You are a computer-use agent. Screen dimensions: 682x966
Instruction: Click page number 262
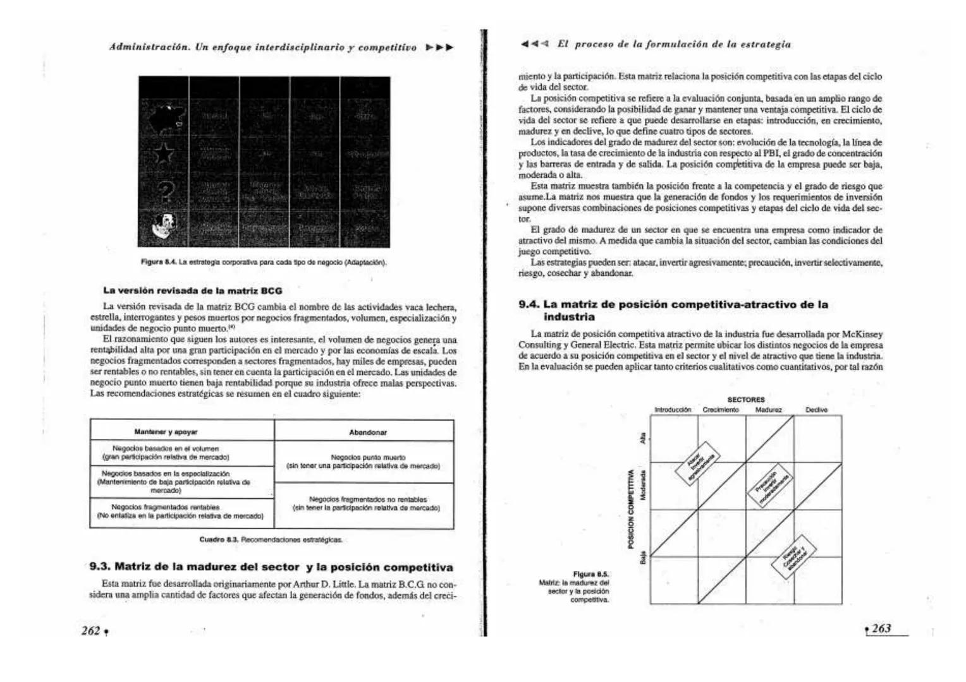pos(91,631)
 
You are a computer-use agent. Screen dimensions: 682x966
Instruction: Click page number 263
pos(881,628)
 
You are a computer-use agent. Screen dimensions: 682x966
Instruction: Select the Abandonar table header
pos(367,433)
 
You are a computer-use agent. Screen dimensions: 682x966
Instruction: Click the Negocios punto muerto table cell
pos(363,462)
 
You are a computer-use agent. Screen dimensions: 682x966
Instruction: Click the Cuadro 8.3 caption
pos(271,540)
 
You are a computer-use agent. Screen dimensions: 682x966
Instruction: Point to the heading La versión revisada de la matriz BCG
pos(192,291)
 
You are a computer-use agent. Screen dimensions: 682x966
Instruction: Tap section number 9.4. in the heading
pos(529,304)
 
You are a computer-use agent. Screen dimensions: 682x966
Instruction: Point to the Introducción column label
pos(673,410)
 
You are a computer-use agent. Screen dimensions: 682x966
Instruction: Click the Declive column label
pos(816,410)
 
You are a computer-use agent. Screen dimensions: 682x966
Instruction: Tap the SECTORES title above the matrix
pos(746,400)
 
